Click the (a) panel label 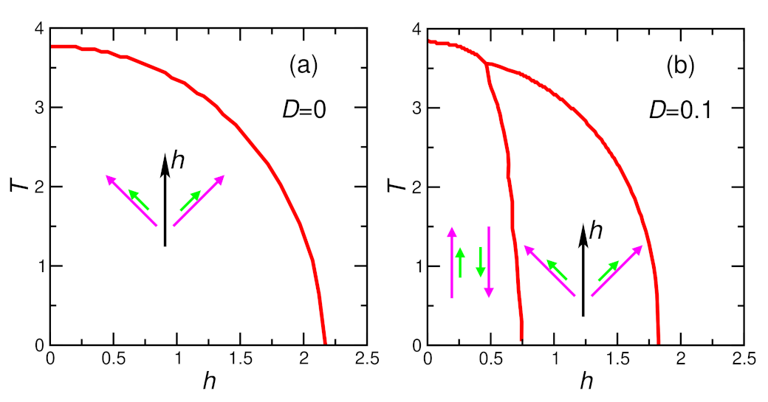[303, 66]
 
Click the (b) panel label [680, 66]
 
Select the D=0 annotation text [303, 109]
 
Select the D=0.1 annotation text [680, 109]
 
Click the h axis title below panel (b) [586, 382]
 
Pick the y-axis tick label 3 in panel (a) [38, 108]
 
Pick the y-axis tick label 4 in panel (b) [416, 29]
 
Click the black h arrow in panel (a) [165, 199]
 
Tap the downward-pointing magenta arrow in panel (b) [488, 263]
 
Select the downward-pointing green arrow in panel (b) [480, 263]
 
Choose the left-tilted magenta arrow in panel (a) [131, 200]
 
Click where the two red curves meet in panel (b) [487, 63]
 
